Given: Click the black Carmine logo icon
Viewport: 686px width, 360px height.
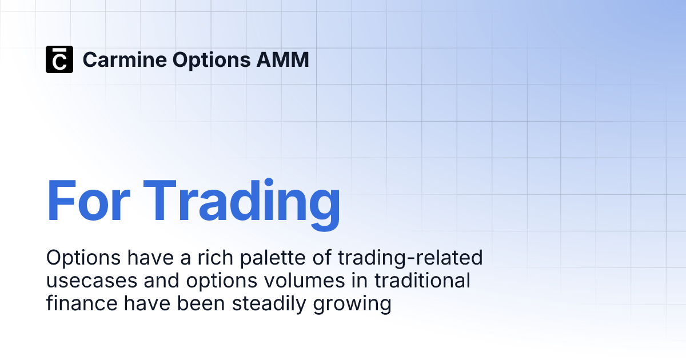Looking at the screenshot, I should point(59,59).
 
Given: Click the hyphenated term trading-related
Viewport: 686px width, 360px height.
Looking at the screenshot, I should point(410,258).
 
